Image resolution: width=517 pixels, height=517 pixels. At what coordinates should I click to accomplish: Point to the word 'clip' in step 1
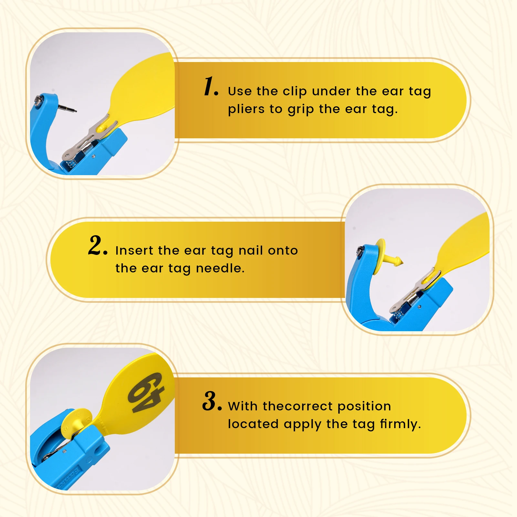[294, 92]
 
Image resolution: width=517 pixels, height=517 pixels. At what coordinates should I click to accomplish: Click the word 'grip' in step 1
[301, 110]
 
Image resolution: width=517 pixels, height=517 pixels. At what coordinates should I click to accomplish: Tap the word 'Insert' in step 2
[134, 250]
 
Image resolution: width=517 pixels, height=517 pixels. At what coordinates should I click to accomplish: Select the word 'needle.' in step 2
[220, 268]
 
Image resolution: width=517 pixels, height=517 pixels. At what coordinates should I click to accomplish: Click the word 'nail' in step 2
[250, 250]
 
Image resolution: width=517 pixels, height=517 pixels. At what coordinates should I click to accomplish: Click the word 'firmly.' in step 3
[400, 424]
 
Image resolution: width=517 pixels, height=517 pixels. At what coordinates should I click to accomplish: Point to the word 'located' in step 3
[253, 424]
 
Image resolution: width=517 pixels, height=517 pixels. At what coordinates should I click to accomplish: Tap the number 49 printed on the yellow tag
[146, 393]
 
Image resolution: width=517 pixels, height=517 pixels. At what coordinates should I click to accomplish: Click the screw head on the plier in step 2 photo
[360, 250]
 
